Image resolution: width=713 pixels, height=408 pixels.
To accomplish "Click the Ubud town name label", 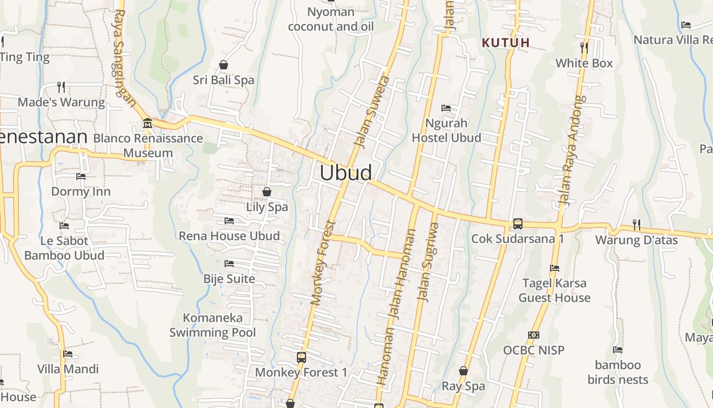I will click(x=346, y=172).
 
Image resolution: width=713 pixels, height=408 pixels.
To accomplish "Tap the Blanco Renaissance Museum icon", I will click(x=148, y=123).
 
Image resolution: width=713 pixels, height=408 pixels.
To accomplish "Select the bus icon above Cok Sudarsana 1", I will click(x=517, y=223).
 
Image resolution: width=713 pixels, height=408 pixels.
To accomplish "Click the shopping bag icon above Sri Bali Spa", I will click(x=223, y=65).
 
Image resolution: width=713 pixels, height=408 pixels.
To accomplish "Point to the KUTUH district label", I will click(x=506, y=43).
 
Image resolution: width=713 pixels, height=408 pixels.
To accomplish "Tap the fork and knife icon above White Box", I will click(x=584, y=48).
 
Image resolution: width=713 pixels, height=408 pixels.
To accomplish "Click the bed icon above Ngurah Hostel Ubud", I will click(x=446, y=108).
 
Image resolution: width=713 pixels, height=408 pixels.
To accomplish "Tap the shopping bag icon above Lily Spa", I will click(x=266, y=192).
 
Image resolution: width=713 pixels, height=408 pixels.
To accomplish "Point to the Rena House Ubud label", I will click(x=229, y=236).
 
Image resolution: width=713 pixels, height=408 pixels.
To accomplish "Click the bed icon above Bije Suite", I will click(x=229, y=264).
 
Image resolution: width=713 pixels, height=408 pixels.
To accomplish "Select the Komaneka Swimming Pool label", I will click(x=213, y=325).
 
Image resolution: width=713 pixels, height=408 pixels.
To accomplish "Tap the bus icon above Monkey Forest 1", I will click(x=301, y=357).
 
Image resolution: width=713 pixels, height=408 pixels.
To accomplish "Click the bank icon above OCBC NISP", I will click(x=534, y=335).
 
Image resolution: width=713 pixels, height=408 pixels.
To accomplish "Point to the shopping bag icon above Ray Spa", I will click(x=463, y=371).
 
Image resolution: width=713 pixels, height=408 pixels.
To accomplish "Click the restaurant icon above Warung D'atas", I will click(x=636, y=224).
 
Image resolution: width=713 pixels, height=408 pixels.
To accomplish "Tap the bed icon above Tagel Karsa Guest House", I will click(x=555, y=268).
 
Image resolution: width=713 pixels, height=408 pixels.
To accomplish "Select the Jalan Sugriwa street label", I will click(x=427, y=262).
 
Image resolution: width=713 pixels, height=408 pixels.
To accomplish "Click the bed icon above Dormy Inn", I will click(x=81, y=176).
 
